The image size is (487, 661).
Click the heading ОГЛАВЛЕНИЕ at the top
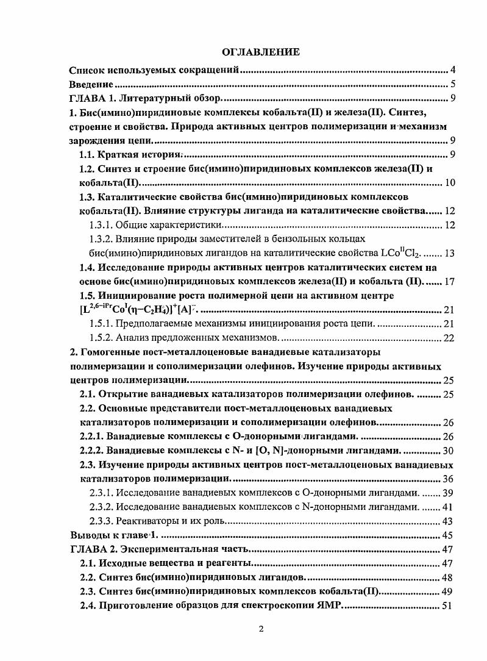260,52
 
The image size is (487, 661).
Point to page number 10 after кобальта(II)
450,183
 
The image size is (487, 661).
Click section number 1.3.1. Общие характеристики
101,225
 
